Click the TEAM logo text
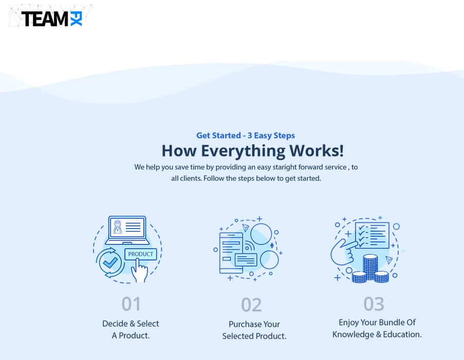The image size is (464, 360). (45, 19)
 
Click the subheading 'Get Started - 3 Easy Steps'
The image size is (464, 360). (246, 136)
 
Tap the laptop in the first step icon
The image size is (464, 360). (127, 230)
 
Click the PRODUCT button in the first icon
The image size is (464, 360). (141, 254)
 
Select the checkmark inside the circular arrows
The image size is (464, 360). (109, 262)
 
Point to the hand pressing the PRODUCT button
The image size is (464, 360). (139, 271)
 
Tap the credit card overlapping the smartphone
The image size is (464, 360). (245, 259)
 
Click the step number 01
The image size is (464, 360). (131, 304)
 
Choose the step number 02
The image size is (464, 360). (252, 305)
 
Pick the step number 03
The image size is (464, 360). (374, 304)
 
